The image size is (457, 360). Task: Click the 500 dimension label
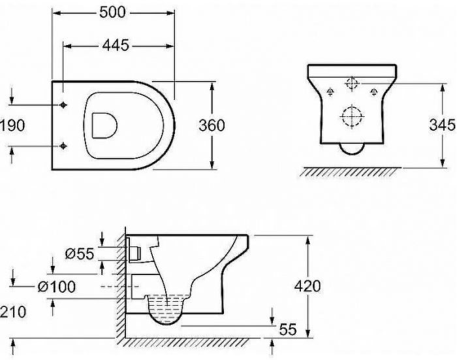(112, 12)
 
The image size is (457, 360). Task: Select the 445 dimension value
(116, 46)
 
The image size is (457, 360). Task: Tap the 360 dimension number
(212, 125)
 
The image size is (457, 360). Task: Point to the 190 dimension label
(12, 125)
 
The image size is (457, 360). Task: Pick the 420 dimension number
(307, 286)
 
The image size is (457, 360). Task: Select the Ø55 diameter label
(80, 254)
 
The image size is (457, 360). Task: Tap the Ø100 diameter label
(57, 286)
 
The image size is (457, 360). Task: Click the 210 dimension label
(13, 312)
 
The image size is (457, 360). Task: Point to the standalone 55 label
(288, 329)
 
